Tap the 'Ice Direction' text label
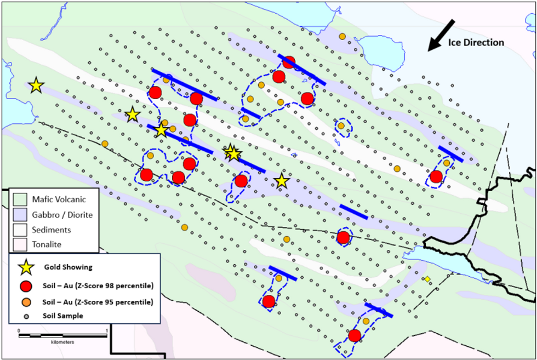[476, 43]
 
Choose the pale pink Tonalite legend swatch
[20, 244]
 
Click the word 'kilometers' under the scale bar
[62, 341]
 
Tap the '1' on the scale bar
[106, 330]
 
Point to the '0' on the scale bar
[19, 330]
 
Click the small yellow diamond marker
[427, 279]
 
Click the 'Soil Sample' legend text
[64, 316]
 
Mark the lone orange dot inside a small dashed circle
[341, 126]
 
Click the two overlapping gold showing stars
[232, 153]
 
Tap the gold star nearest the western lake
[36, 85]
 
